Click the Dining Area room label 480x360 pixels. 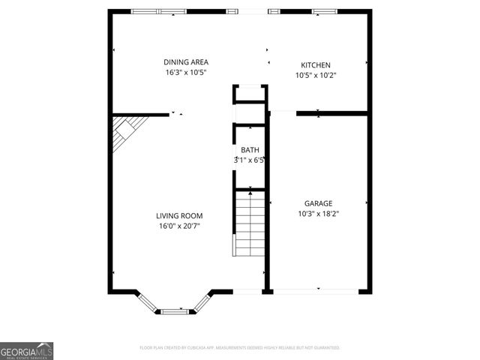click(x=186, y=62)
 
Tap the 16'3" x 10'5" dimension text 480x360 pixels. click(x=186, y=73)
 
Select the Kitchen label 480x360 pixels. click(x=316, y=65)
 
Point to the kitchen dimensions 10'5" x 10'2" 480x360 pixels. click(x=316, y=76)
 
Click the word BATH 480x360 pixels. click(x=250, y=150)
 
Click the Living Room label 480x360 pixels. click(x=179, y=216)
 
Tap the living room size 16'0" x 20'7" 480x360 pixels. click(x=179, y=226)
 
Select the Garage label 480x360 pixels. click(x=318, y=203)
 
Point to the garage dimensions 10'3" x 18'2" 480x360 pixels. click(x=318, y=214)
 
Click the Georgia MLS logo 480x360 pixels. click(x=26, y=350)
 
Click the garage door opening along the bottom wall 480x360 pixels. click(x=318, y=290)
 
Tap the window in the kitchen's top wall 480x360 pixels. click(x=324, y=11)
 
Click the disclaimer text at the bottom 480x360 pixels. click(x=240, y=348)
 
